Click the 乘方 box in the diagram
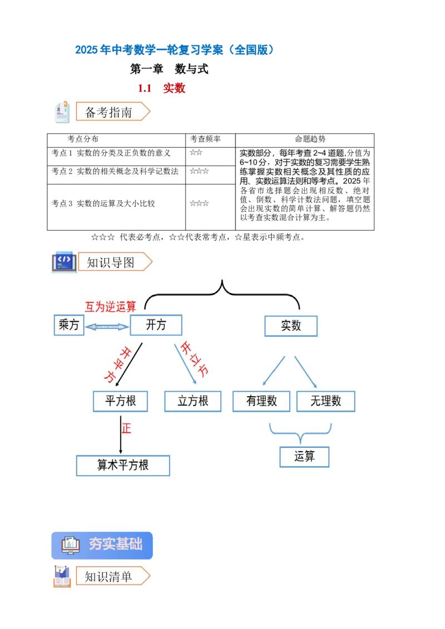(x=69, y=325)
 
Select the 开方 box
(x=156, y=325)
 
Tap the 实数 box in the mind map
(x=291, y=326)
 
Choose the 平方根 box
(x=120, y=401)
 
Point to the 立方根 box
(x=192, y=401)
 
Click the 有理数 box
(x=261, y=401)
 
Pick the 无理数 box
(x=325, y=401)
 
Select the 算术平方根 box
(x=123, y=465)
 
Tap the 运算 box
(x=305, y=457)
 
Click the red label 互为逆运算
(x=110, y=307)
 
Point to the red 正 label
(x=126, y=428)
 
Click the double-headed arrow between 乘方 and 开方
(x=107, y=327)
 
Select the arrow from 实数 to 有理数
(x=273, y=371)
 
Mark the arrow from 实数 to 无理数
(x=305, y=372)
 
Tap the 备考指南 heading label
(x=110, y=112)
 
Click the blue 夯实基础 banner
(x=102, y=544)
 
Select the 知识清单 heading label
(x=109, y=577)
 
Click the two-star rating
(x=196, y=152)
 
